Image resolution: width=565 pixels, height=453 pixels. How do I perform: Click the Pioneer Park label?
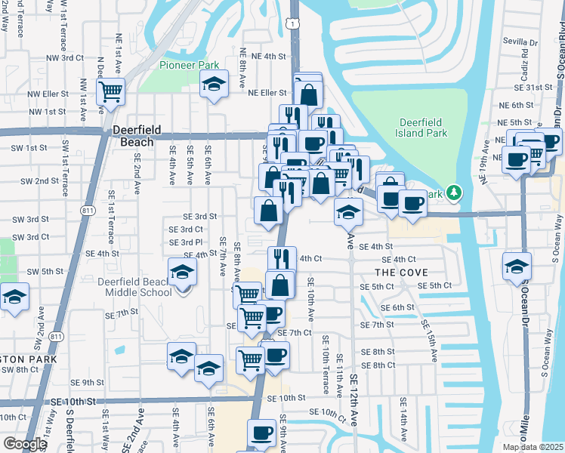[189, 65]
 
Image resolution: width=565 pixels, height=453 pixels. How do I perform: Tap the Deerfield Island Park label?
[423, 128]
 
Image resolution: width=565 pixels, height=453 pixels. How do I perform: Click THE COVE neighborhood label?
[401, 272]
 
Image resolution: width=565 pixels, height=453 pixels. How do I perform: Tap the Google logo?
[25, 444]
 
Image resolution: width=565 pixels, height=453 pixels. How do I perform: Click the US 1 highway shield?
[292, 25]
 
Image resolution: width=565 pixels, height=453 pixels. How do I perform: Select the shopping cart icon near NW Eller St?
[111, 92]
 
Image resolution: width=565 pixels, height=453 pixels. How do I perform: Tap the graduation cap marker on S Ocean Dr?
[517, 266]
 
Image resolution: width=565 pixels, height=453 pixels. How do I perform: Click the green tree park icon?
[453, 193]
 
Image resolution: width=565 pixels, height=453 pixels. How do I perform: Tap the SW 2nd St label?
[39, 181]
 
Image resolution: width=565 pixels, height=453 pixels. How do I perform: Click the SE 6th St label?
[398, 307]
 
